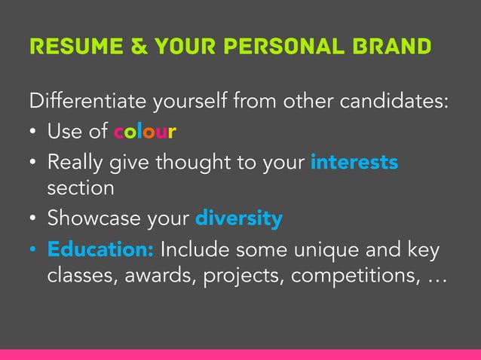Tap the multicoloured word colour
(145, 133)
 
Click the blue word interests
(354, 162)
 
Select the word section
(81, 188)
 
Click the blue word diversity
(238, 219)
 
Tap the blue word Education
(101, 249)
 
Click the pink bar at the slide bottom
(240, 354)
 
